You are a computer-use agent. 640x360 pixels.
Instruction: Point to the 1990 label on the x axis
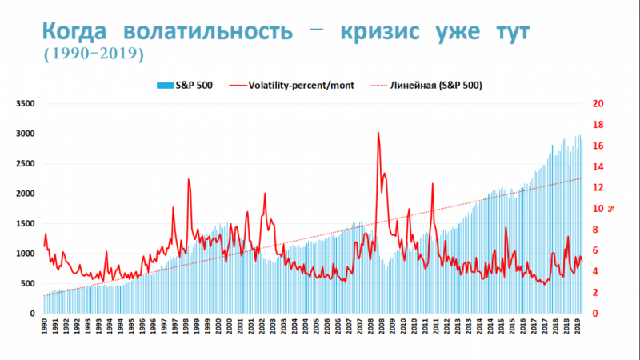click(x=45, y=329)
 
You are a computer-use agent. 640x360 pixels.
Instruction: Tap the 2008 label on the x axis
click(x=383, y=329)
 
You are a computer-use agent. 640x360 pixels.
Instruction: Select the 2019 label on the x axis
click(x=578, y=329)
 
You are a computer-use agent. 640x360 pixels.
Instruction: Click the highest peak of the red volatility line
click(x=378, y=134)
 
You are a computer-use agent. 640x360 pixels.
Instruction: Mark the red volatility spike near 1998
click(x=188, y=180)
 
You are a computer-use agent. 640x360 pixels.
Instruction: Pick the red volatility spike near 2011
click(x=433, y=184)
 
